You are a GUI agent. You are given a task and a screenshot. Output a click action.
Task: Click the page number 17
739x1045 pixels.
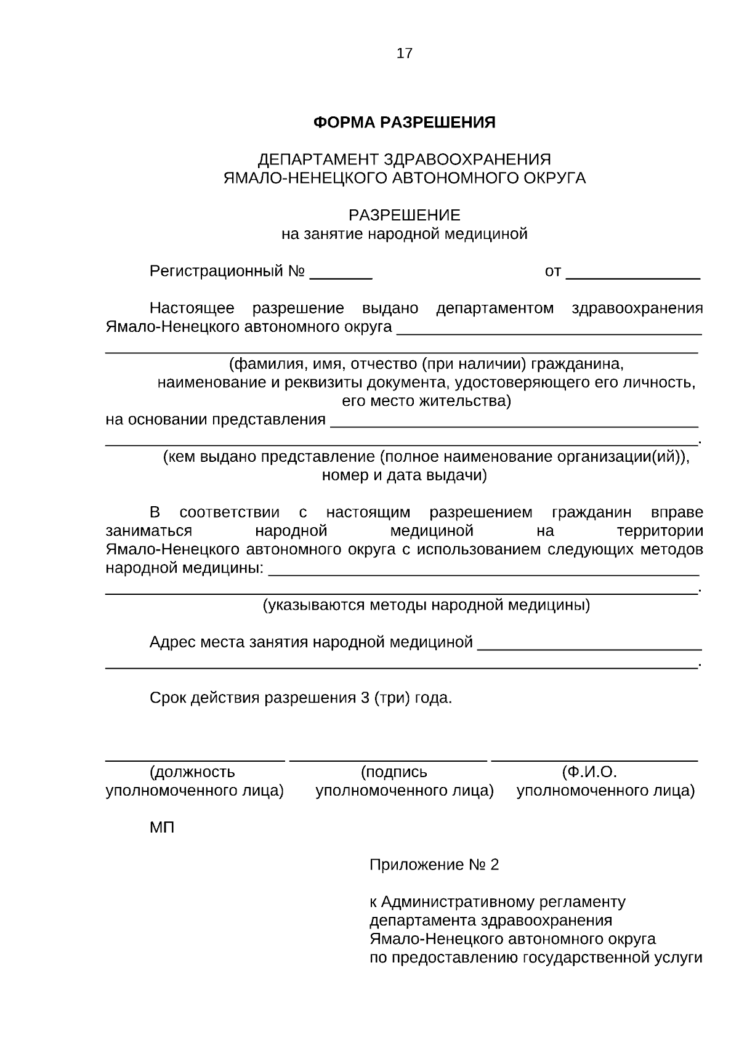click(x=405, y=54)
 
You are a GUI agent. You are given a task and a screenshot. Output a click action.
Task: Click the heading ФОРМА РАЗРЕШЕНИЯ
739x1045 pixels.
click(x=404, y=123)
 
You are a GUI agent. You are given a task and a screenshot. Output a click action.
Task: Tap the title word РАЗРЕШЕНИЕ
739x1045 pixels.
click(x=404, y=216)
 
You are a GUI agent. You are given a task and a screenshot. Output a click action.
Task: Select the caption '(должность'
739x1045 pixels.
click(x=192, y=772)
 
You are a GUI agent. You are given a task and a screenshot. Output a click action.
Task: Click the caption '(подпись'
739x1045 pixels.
click(x=394, y=772)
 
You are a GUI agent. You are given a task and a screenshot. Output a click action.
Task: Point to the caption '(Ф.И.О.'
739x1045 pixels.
click(x=589, y=772)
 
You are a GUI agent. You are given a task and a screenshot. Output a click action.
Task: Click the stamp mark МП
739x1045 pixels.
click(x=162, y=828)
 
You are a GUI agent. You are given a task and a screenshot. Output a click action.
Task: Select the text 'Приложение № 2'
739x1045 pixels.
click(x=434, y=865)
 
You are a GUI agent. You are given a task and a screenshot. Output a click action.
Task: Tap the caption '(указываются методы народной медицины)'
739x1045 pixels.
click(x=426, y=605)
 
